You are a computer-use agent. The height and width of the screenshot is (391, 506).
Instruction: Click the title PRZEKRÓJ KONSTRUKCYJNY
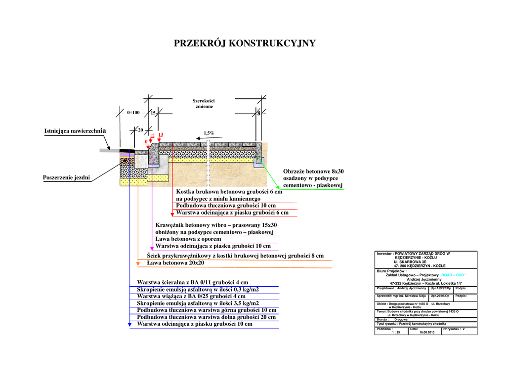click(245, 43)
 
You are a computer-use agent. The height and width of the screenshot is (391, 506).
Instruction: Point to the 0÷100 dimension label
click(133, 113)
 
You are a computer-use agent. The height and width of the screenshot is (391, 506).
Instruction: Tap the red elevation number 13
click(161, 134)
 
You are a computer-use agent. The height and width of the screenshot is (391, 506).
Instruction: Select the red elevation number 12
click(152, 135)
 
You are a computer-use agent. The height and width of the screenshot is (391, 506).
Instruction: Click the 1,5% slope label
click(209, 133)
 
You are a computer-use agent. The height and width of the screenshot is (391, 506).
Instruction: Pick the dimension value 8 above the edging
click(258, 113)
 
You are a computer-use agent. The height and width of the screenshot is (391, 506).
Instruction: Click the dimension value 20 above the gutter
click(140, 130)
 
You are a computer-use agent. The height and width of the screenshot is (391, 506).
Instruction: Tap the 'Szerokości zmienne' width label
click(204, 104)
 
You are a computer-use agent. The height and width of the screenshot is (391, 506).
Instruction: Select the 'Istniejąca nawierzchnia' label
click(75, 131)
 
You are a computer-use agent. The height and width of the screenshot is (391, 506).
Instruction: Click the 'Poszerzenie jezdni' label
click(66, 177)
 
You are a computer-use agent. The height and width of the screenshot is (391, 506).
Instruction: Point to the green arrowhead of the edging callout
click(278, 187)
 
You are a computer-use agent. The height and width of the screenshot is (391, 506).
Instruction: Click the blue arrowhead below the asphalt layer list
click(130, 324)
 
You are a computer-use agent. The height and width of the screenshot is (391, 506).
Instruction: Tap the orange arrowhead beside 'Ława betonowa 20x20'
click(138, 264)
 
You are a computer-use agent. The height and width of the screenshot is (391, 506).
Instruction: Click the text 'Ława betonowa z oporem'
click(188, 239)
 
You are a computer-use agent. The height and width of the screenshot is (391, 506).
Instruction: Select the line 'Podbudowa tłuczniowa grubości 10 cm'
click(226, 205)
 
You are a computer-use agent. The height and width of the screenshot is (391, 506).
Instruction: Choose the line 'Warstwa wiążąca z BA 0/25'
click(191, 296)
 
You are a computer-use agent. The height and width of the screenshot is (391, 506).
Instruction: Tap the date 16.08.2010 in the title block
click(426, 332)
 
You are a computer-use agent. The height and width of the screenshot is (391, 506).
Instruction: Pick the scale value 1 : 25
click(396, 332)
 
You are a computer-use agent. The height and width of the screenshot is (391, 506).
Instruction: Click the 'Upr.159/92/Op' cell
click(441, 288)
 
